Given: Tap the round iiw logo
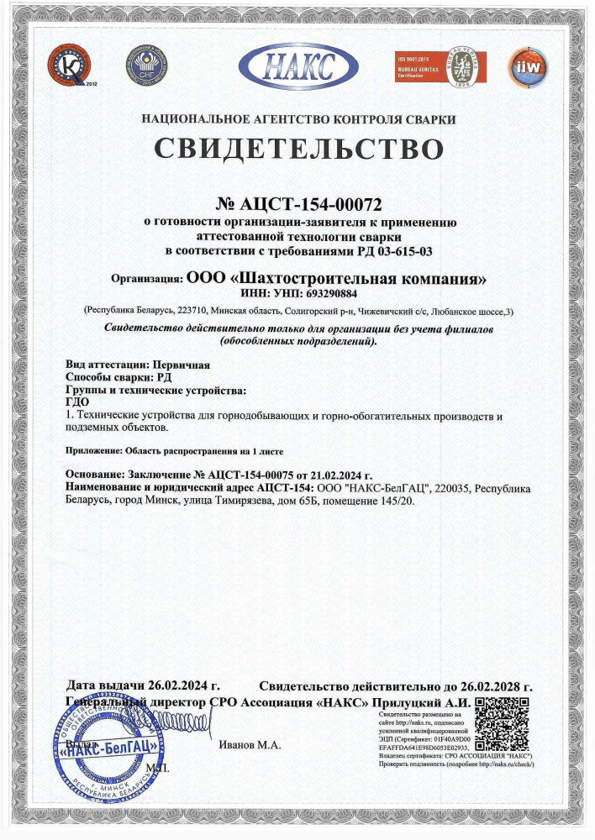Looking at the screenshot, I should click(x=528, y=67).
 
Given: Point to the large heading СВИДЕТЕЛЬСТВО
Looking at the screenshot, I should click(x=297, y=149).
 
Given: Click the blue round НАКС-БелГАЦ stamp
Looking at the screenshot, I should click(x=104, y=750).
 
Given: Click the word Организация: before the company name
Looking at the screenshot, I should click(x=147, y=279).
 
